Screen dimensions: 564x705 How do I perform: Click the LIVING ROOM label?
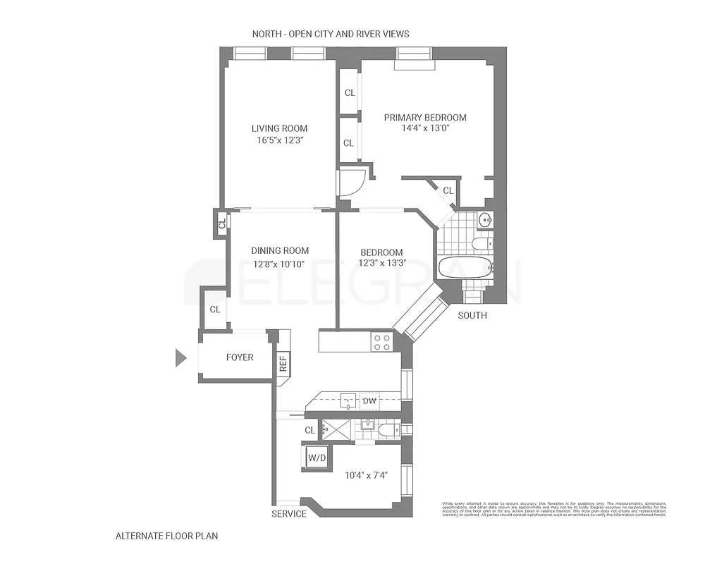280,128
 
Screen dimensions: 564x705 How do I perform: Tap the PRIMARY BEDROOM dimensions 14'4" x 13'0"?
425,129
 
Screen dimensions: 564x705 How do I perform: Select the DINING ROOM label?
280,250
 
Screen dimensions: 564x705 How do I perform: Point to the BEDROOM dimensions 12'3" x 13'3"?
382,264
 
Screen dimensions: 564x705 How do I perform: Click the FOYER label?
240,357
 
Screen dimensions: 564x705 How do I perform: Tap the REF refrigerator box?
283,363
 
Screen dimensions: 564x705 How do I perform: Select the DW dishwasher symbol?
369,402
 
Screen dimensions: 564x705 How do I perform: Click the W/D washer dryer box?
317,458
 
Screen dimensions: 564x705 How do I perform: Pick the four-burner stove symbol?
381,343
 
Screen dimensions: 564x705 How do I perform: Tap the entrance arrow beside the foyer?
180,358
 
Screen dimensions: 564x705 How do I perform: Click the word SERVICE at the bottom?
289,514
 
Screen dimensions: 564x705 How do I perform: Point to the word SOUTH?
472,315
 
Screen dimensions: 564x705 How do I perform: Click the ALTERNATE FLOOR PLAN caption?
166,536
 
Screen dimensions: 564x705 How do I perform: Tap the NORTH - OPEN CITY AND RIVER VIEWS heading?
331,34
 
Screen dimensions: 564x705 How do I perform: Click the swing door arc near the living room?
350,181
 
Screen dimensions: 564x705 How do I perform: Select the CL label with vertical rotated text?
221,224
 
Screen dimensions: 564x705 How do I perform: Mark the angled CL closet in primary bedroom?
448,190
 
